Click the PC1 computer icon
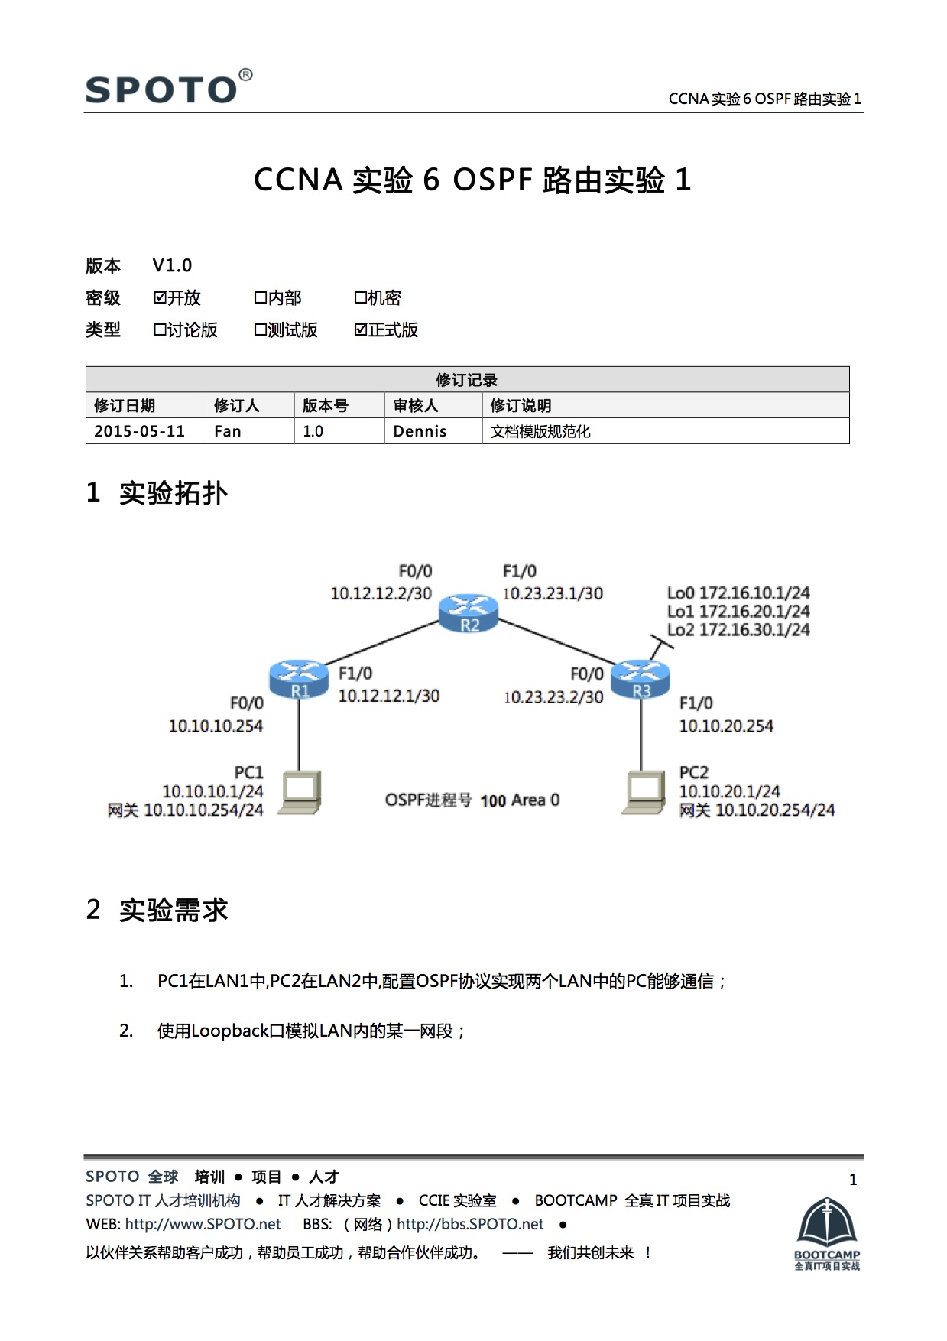click(300, 792)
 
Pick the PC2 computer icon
click(644, 792)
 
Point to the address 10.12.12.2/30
click(381, 593)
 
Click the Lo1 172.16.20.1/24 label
click(738, 611)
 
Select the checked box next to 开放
click(160, 297)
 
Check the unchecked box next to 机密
click(360, 297)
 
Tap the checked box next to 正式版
click(361, 330)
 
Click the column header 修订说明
click(521, 405)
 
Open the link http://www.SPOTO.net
click(203, 1224)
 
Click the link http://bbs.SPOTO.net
click(470, 1224)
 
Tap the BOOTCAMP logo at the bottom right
click(827, 1233)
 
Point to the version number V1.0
click(172, 265)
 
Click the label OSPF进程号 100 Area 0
click(472, 800)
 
